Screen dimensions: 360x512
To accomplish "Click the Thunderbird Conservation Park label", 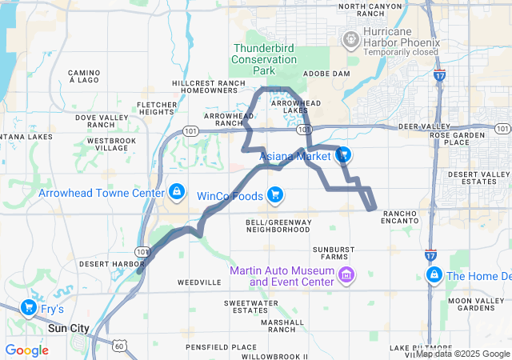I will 263,59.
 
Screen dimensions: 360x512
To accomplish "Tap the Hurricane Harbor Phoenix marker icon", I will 350,38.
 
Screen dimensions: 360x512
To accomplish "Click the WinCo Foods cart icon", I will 275,194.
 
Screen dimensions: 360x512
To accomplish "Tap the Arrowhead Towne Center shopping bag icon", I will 175,193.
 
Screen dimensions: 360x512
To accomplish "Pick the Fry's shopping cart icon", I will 29,307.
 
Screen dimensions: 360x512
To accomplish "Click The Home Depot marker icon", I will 434,276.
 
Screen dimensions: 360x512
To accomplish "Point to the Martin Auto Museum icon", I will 346,276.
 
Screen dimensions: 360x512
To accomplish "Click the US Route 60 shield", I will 118,345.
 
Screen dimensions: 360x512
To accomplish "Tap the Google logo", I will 27,350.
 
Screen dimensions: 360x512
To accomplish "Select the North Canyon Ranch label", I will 369,10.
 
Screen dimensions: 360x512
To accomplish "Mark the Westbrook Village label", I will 106,145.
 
